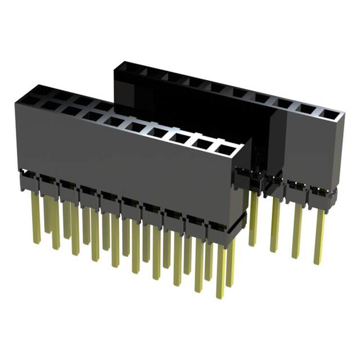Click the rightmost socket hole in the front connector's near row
[x=226, y=150]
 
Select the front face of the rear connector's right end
[x=312, y=149]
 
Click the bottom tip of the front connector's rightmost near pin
[x=220, y=296]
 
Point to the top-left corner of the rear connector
[x=115, y=65]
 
